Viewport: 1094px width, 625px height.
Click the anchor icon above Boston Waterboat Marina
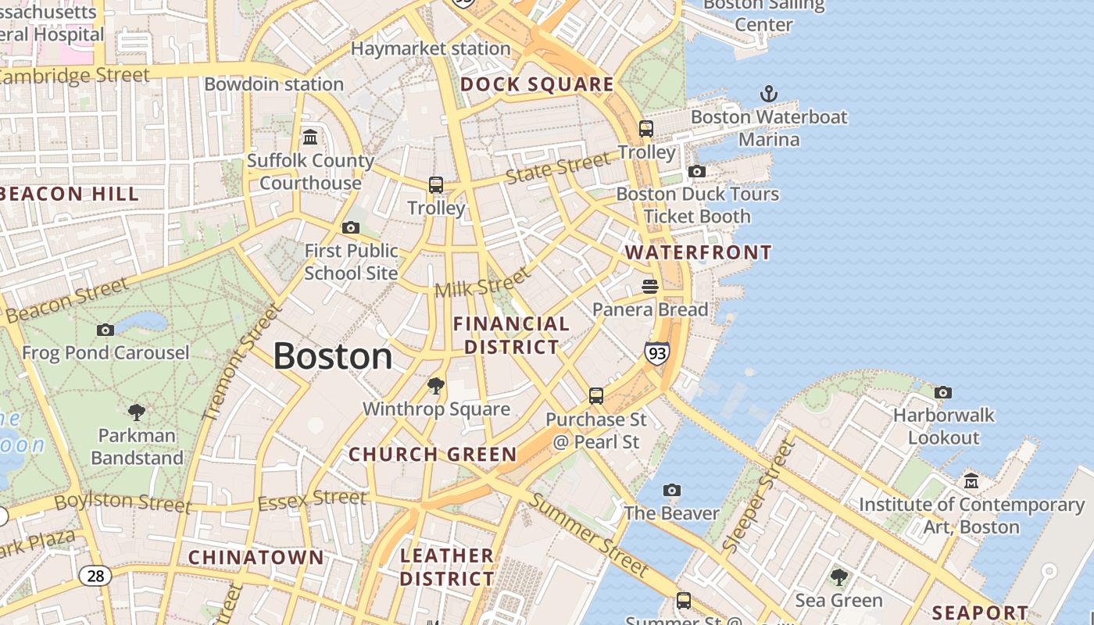click(769, 95)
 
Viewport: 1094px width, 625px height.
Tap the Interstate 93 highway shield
click(657, 353)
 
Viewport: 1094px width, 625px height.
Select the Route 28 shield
click(95, 577)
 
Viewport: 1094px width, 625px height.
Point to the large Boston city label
click(332, 356)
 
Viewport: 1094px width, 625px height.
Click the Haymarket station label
click(431, 48)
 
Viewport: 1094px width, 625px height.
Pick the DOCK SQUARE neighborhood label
click(537, 84)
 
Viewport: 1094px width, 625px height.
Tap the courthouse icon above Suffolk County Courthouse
click(310, 137)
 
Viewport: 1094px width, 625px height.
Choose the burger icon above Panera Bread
click(650, 287)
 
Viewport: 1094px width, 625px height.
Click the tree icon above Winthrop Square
click(436, 386)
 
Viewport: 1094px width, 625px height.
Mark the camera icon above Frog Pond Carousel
click(105, 330)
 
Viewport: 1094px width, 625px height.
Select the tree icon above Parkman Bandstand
click(137, 412)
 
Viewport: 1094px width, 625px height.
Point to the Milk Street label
click(482, 283)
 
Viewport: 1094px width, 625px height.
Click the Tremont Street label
click(241, 362)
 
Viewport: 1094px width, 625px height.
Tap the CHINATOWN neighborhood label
click(256, 557)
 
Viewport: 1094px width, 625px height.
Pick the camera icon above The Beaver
click(671, 491)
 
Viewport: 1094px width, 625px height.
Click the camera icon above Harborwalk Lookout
click(943, 392)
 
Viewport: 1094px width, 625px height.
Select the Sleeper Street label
click(758, 496)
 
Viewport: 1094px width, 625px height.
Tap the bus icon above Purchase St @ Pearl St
click(596, 396)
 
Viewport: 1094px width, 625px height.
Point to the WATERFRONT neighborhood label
click(699, 252)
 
